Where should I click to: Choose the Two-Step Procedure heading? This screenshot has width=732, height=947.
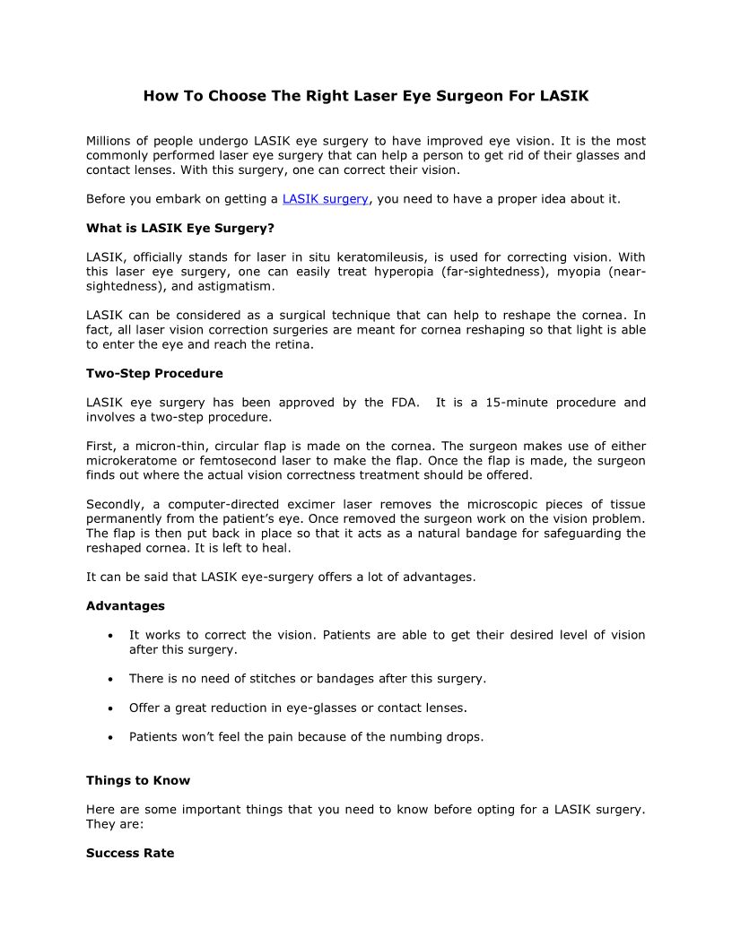pos(154,373)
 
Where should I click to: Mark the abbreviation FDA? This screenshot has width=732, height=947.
pos(405,403)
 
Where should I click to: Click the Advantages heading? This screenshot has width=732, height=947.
pos(126,606)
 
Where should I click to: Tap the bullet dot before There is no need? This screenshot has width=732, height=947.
pos(109,679)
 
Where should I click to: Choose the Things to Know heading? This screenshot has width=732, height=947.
pos(138,780)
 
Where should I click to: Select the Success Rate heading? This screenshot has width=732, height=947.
pos(130,853)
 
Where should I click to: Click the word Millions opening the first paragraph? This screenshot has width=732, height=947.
pos(112,141)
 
